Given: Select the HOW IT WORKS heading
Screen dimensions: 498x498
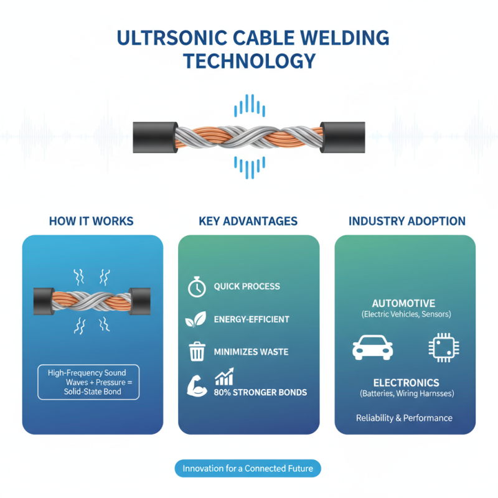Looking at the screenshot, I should click(x=91, y=221).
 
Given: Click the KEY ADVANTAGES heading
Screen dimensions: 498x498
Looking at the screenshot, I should click(x=248, y=221).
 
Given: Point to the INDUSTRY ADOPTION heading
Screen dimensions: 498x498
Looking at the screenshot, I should click(x=406, y=221).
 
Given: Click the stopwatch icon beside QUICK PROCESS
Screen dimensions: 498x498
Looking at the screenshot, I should click(x=197, y=287).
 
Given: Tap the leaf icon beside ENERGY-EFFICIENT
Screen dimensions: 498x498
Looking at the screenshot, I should click(x=195, y=320).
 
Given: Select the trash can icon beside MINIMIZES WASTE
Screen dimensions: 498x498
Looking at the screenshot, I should click(x=197, y=352).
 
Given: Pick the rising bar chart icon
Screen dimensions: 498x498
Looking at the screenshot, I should click(x=223, y=377).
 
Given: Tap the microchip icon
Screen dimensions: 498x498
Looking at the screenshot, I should click(x=441, y=347).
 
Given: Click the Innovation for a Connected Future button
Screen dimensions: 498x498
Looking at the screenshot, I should click(x=248, y=468).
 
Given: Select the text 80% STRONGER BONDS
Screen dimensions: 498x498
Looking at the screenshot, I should click(x=260, y=393).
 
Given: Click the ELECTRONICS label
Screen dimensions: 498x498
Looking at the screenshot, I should click(x=405, y=383).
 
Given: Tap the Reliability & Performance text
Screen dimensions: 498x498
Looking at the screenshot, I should click(x=404, y=418).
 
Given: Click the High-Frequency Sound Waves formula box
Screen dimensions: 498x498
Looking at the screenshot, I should click(x=89, y=381).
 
